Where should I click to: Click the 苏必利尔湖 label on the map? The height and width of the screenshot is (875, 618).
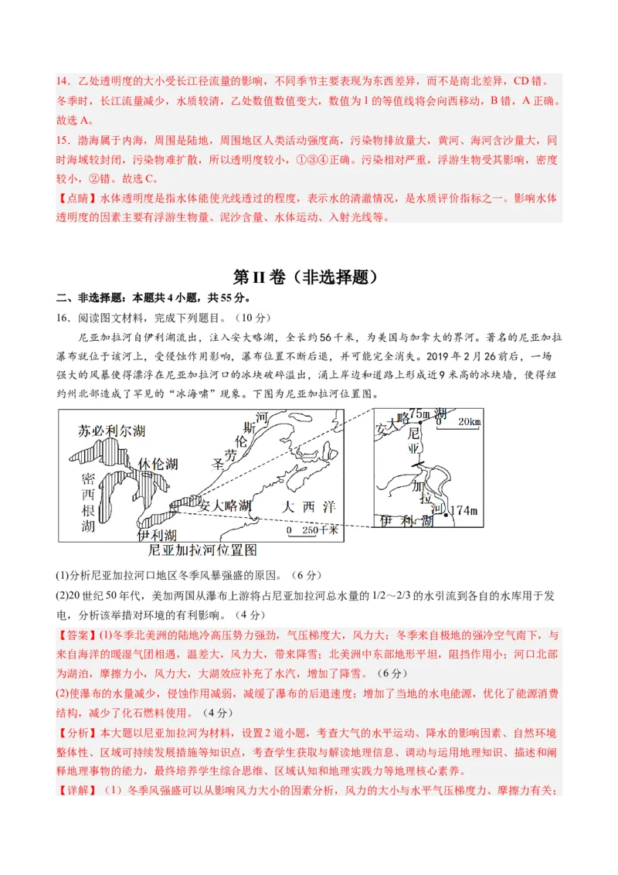[x=112, y=431]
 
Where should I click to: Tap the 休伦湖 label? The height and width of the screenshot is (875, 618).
[x=158, y=464]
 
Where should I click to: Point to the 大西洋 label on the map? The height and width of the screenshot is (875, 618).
[x=309, y=507]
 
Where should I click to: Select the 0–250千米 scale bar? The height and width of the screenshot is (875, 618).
[x=312, y=531]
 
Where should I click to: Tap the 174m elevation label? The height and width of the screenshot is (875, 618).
[x=463, y=510]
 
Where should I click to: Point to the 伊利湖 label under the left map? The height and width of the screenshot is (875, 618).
[x=157, y=535]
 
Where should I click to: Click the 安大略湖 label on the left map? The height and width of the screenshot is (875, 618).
[x=225, y=506]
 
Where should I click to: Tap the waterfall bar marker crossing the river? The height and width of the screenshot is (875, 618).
[x=418, y=465]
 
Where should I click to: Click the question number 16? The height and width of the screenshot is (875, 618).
[x=63, y=318]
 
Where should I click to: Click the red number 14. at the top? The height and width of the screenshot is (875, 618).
[x=63, y=81]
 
